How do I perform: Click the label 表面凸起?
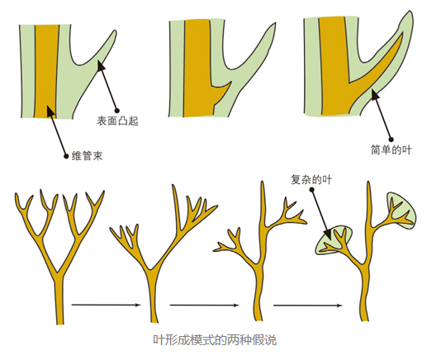(117, 121)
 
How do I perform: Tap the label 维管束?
(87, 156)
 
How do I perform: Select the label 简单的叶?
(391, 150)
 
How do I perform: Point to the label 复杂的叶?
(311, 180)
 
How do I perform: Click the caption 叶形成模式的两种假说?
(215, 340)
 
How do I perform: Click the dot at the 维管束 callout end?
(66, 156)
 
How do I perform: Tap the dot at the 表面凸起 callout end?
(117, 111)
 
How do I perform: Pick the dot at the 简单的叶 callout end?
(391, 140)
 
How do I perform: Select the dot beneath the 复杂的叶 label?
(311, 190)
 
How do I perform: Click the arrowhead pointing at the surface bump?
(101, 66)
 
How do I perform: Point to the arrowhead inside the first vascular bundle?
(50, 111)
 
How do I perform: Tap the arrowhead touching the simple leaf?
(374, 94)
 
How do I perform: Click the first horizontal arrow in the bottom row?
(107, 305)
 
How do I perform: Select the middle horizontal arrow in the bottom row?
(204, 305)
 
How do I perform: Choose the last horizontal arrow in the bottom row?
(308, 306)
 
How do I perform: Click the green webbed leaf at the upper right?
(401, 210)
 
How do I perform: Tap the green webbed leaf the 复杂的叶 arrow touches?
(334, 240)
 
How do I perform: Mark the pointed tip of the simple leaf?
(410, 11)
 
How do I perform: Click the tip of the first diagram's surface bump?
(114, 31)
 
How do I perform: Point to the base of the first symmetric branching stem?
(60, 324)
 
